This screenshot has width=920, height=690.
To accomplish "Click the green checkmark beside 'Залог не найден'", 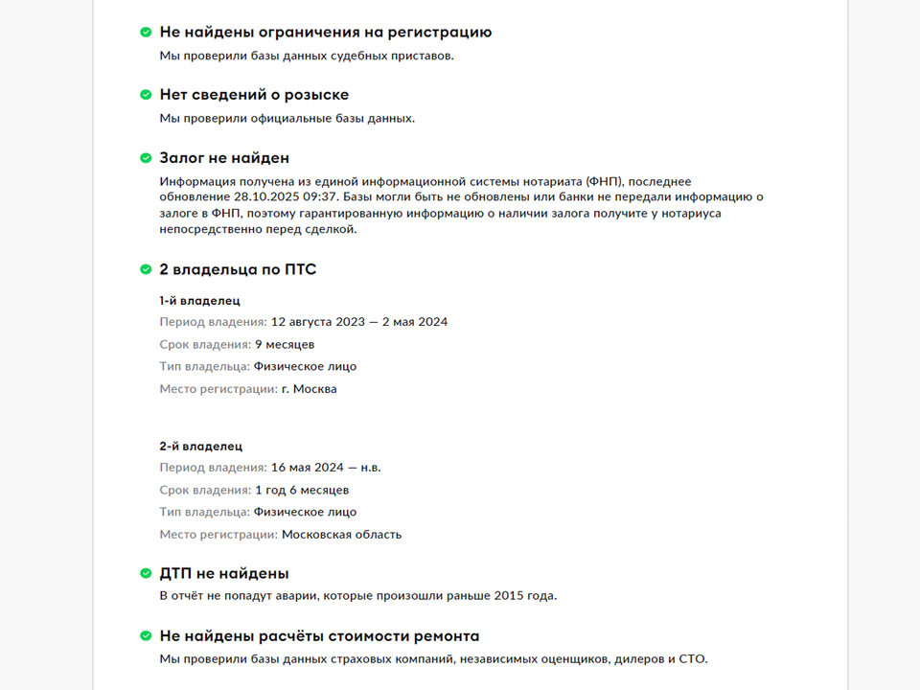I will pos(146,158).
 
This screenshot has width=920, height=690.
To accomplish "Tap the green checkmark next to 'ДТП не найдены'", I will pos(146,574).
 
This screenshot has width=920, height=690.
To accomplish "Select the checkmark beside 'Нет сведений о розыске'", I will pos(146,95).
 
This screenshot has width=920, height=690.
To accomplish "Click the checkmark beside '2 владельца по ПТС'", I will pos(146,270).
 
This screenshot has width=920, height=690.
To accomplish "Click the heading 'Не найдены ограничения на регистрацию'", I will pos(325,32).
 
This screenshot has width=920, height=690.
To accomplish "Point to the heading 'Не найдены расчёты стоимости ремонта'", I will pos(319,636).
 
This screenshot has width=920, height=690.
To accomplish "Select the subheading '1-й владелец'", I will pos(199,300).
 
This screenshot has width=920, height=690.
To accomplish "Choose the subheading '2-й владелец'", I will pos(200,446).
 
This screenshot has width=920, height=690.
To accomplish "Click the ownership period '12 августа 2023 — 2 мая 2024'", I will pos(359,322).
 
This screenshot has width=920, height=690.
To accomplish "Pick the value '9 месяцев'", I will pos(285,344).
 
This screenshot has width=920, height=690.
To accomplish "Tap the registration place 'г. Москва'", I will pos(309,389).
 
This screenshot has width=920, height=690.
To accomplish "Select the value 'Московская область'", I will pos(342,535).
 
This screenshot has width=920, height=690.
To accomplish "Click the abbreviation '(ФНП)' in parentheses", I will pos(604,181).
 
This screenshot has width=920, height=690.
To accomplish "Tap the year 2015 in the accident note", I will pos(509,596).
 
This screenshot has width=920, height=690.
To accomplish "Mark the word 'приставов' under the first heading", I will pos(423,56).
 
